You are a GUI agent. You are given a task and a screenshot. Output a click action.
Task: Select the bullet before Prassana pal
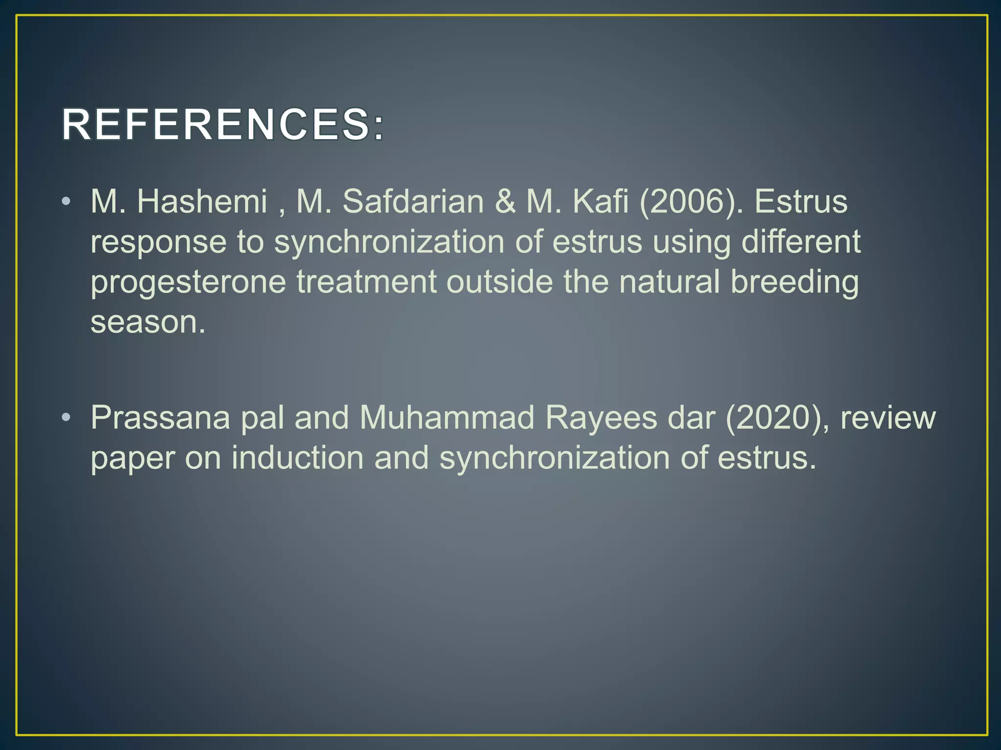66,417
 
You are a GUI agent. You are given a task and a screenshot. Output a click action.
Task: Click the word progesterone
188,282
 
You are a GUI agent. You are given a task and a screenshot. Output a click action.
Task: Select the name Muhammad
447,417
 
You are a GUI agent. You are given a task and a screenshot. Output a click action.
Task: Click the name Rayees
601,418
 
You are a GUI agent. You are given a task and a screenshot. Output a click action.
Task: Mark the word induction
298,458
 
